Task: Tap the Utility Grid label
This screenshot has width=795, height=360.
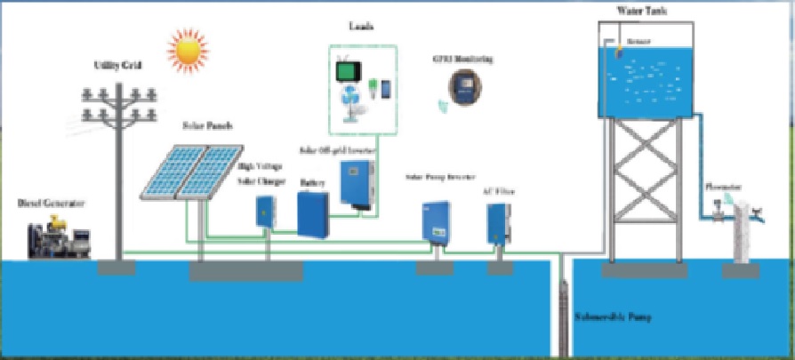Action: coord(118,66)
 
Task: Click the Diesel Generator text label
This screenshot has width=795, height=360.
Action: coord(51,204)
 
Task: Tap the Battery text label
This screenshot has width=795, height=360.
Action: coord(312,182)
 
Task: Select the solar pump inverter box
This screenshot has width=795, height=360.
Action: coord(436,222)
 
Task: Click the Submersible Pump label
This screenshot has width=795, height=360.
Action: coord(614,317)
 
